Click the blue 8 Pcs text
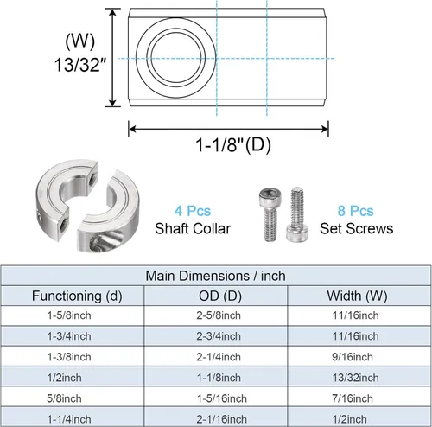tap(355, 210)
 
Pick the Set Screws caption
tap(355, 229)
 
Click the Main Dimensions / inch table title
tap(216, 277)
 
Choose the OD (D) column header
tap(217, 296)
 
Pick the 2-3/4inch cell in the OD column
tap(217, 337)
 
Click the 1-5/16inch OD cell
tap(217, 398)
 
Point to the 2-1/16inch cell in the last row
tap(217, 418)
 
